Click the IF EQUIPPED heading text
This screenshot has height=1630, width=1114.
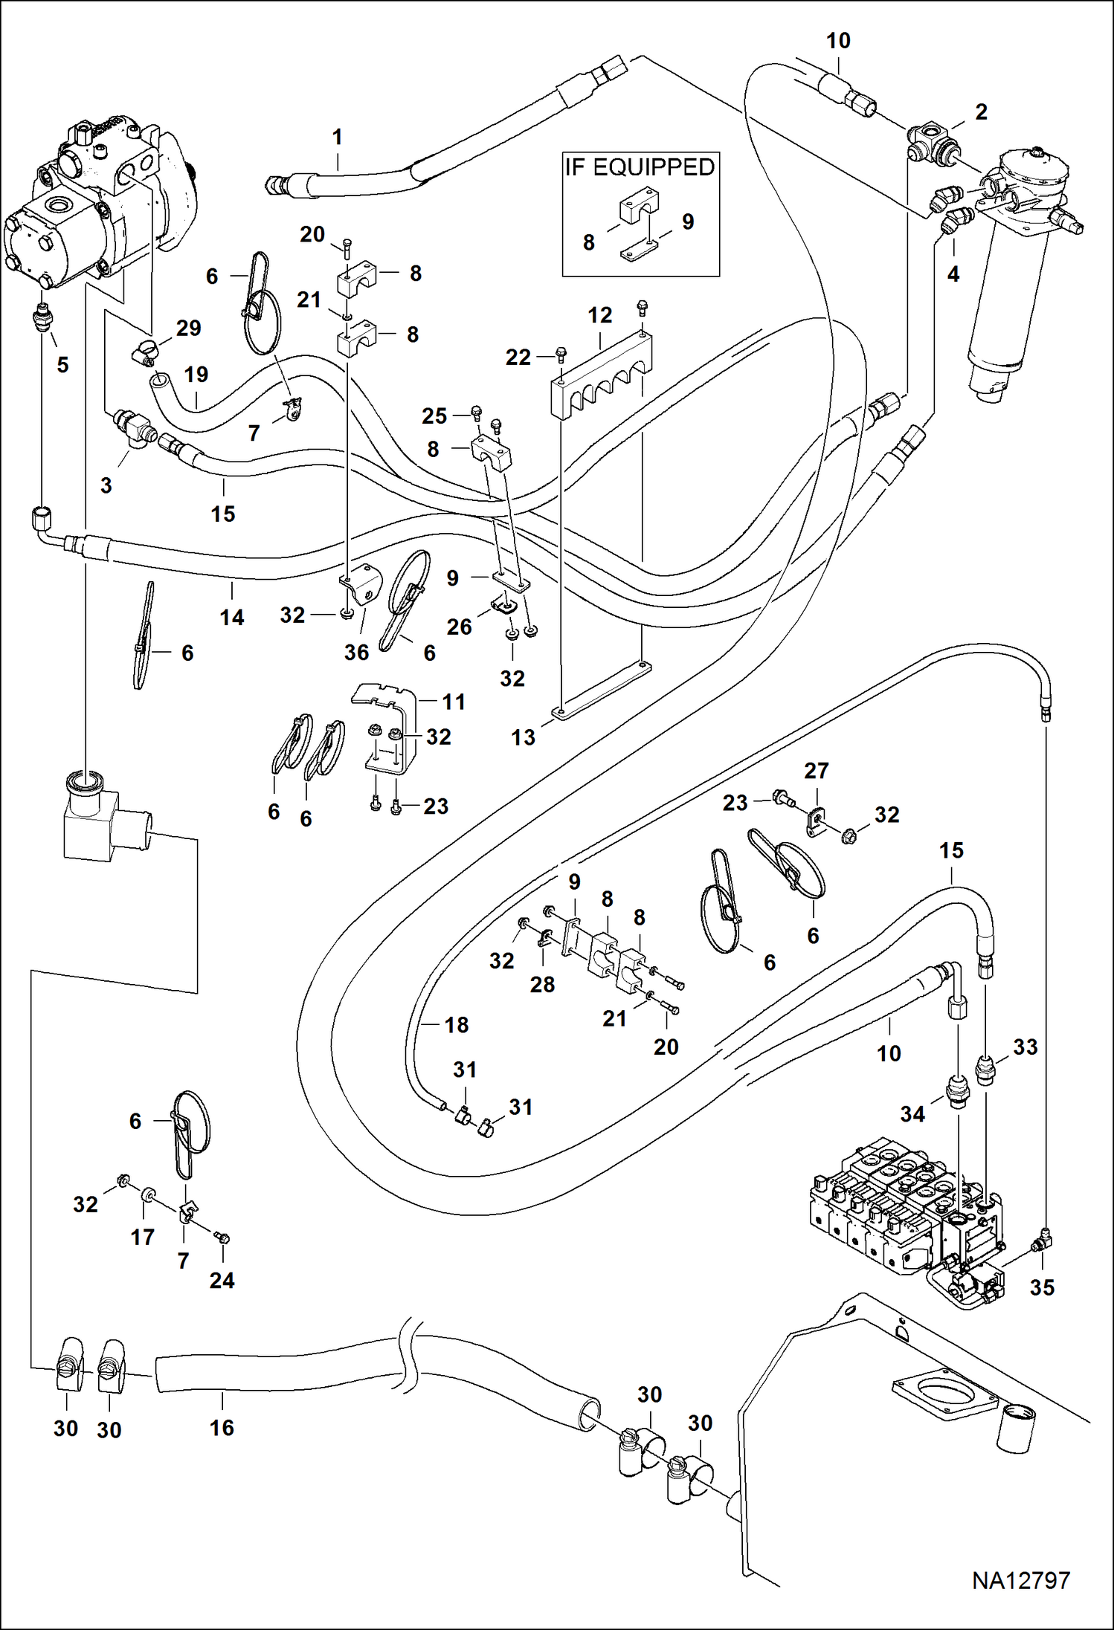640,167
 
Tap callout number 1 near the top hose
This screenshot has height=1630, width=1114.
337,138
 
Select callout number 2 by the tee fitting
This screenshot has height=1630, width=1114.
981,112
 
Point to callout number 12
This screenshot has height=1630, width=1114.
599,315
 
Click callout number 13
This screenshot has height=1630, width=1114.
523,737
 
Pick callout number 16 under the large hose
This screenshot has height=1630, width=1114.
222,1427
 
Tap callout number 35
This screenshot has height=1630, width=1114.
1042,1287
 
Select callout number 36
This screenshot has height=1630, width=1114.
356,653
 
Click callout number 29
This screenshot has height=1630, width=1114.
188,328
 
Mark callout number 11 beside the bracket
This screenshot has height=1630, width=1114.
454,702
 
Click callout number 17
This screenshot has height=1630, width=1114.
143,1237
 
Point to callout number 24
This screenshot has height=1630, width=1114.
222,1280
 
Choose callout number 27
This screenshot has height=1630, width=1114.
816,771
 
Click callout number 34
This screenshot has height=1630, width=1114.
912,1113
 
